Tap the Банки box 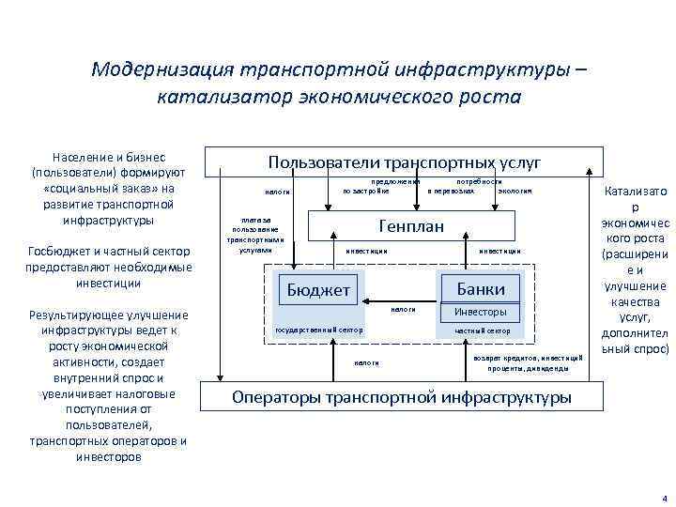click(480, 288)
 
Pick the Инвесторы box click(480, 311)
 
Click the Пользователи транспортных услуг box click(404, 162)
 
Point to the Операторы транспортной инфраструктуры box click(401, 397)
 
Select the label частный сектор click(482, 331)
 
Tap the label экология click(515, 191)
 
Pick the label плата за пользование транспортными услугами click(254, 236)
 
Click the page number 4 click(664, 497)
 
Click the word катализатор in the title click(223, 97)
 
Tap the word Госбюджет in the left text click(58, 252)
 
